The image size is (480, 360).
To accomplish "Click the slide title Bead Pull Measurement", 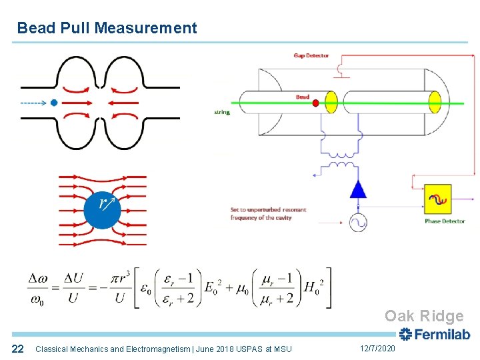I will click(x=107, y=28).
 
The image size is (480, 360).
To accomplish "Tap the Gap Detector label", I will click(x=311, y=56).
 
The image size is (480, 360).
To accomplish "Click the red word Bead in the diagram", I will click(x=303, y=97).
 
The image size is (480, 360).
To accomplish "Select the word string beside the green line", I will click(x=222, y=112).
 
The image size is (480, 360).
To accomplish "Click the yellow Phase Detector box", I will click(x=437, y=199).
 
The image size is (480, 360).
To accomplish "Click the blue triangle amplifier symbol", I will click(x=359, y=189).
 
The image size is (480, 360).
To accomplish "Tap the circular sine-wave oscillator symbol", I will click(x=359, y=222).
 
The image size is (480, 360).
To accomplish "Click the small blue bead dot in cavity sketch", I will click(x=54, y=103).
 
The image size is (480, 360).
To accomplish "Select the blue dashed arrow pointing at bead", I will click(x=33, y=103).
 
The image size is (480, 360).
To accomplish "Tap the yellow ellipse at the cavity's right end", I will click(x=435, y=102).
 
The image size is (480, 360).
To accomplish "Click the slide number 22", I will click(x=18, y=349).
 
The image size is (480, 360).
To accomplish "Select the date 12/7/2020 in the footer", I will click(x=377, y=349).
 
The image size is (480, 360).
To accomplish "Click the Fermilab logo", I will click(x=434, y=335).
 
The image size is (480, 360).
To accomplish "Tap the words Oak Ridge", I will click(x=423, y=317).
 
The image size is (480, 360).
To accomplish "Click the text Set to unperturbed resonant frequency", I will click(x=268, y=213).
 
